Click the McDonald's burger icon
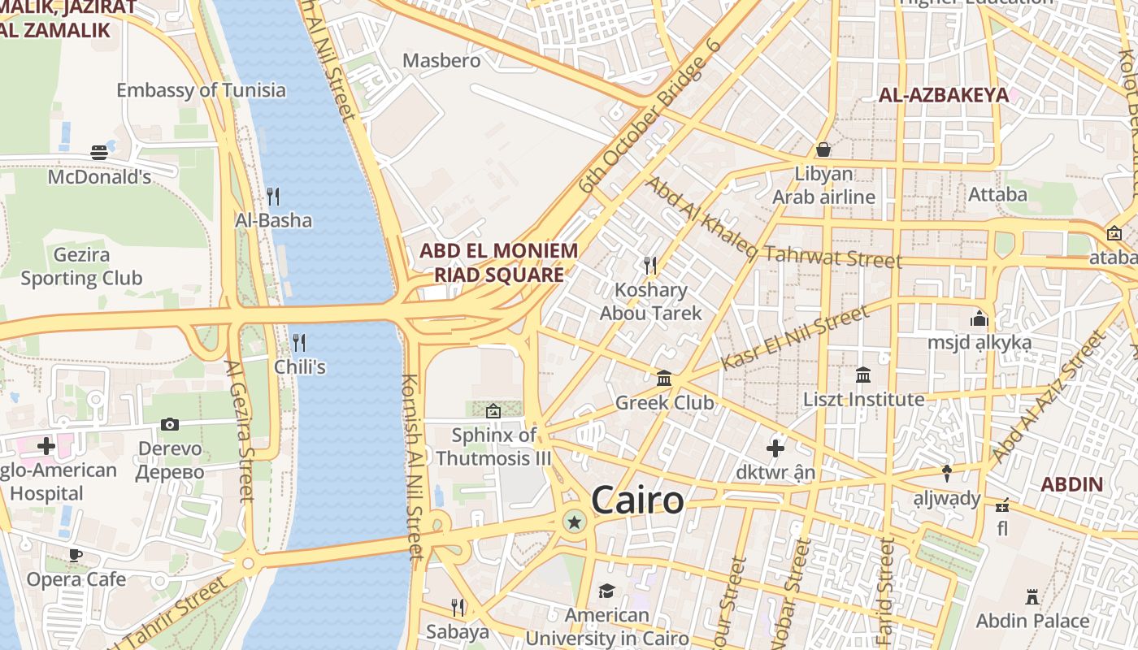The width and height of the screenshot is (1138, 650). click(x=99, y=153)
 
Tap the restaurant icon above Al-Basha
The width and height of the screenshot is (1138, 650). click(x=273, y=197)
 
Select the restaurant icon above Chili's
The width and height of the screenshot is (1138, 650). click(x=299, y=343)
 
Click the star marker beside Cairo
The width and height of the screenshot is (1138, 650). click(x=575, y=522)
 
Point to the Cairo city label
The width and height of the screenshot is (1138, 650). click(x=637, y=500)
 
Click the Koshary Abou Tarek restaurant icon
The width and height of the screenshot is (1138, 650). click(x=650, y=266)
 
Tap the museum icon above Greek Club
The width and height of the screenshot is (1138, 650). click(x=664, y=379)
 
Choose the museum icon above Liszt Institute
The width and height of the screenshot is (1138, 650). click(x=863, y=375)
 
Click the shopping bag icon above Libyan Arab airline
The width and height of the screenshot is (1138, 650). click(x=823, y=149)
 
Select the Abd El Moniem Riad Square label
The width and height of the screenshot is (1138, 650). click(x=498, y=262)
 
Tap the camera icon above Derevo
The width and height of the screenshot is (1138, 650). click(x=170, y=424)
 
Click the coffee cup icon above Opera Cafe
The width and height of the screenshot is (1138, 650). click(x=76, y=555)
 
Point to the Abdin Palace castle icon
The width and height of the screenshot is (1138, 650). click(x=1032, y=597)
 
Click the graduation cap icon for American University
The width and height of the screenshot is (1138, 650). click(x=607, y=591)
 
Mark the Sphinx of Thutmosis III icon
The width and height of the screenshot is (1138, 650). click(x=493, y=411)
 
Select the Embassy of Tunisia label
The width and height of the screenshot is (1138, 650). click(x=201, y=90)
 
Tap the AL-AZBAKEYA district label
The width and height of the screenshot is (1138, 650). click(x=943, y=95)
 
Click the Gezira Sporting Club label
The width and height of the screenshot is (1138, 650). click(x=81, y=266)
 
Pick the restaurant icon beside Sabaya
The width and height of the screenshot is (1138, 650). click(x=458, y=607)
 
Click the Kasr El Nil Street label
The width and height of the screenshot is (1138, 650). click(x=794, y=337)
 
